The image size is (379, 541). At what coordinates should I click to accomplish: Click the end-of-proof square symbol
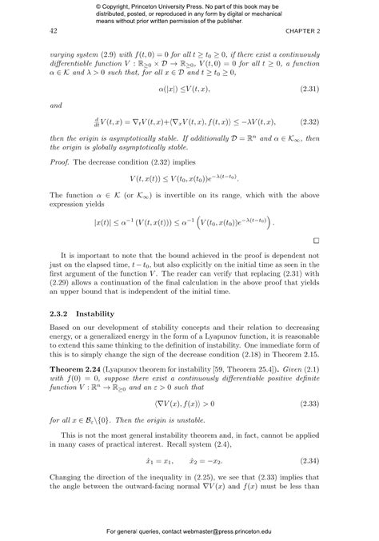(316, 240)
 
